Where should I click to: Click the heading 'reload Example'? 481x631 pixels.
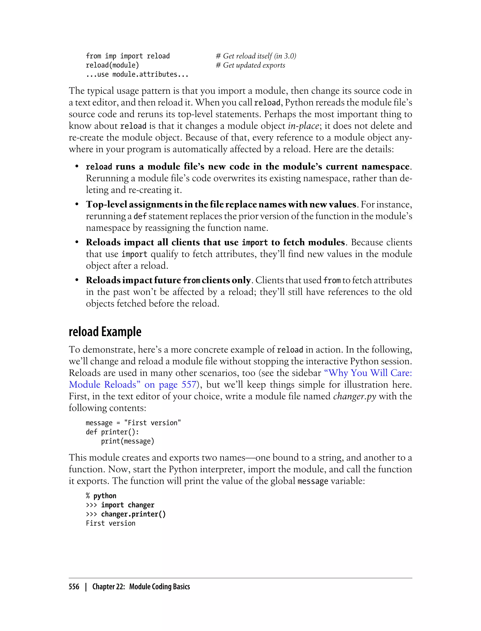[105, 332]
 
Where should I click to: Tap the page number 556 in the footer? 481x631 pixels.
[74, 586]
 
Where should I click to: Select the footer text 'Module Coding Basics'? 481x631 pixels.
[159, 586]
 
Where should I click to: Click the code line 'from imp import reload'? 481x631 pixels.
[128, 56]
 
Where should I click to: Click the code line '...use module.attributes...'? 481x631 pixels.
[137, 74]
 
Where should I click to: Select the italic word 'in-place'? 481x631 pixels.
[303, 126]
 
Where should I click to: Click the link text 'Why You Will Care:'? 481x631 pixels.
[368, 373]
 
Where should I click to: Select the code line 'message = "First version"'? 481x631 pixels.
[133, 423]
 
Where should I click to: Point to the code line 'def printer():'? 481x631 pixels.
[112, 432]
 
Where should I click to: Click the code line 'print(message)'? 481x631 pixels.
[127, 441]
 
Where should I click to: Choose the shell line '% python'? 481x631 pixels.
[101, 496]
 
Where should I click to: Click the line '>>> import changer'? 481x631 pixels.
[120, 505]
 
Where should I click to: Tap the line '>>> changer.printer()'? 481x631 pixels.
[126, 514]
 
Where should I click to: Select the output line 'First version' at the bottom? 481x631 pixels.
[111, 523]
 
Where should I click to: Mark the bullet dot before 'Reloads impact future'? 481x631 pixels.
[77, 280]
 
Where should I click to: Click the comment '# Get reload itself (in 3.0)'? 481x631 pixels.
[256, 56]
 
